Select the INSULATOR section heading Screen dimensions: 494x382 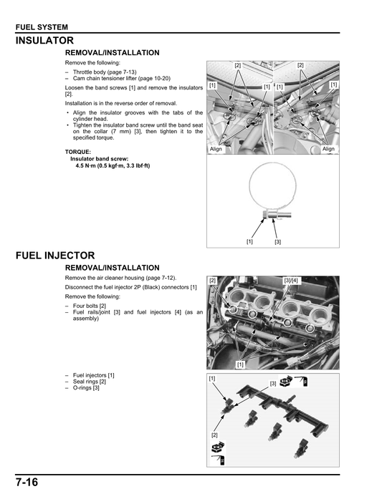[45, 41]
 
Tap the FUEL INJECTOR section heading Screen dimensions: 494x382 [55, 255]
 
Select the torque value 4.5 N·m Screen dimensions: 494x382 [88, 165]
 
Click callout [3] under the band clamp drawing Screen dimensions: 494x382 [277, 242]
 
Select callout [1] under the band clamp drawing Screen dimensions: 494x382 [249, 241]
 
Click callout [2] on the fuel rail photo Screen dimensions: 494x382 [213, 280]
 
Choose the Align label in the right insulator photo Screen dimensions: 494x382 [328, 149]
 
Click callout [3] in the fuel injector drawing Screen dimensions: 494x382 [273, 384]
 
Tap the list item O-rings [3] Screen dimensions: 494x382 [87, 387]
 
